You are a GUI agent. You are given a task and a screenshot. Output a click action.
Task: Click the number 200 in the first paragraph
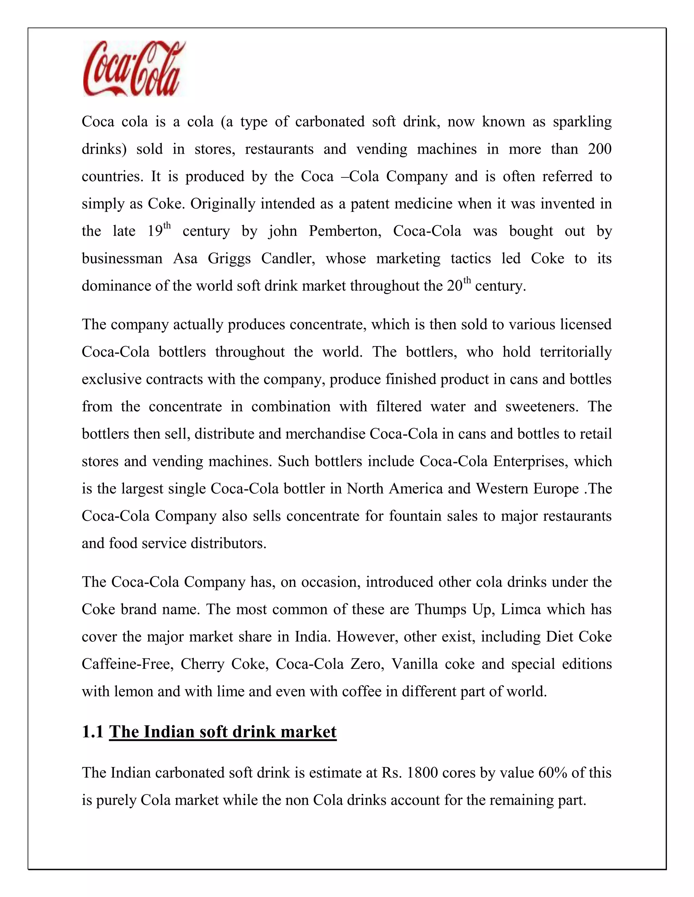click(599, 149)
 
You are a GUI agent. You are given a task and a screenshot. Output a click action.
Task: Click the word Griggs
click(229, 259)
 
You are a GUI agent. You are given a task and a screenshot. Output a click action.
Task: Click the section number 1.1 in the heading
click(93, 731)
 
